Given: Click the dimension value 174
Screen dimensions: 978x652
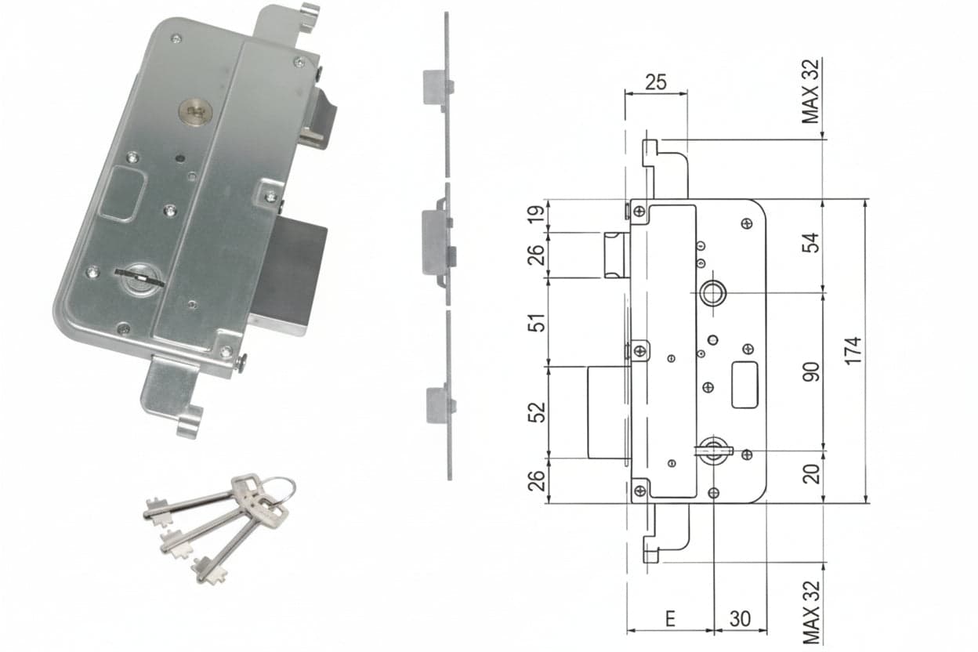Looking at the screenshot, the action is (x=853, y=350).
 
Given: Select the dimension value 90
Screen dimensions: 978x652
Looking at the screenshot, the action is (x=811, y=371).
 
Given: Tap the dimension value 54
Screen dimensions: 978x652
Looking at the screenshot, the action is (x=811, y=243).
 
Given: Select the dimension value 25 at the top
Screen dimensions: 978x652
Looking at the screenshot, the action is (x=656, y=82).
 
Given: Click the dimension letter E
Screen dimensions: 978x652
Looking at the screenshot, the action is (x=670, y=619).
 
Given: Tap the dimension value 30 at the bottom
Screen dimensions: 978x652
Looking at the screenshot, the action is (x=740, y=619).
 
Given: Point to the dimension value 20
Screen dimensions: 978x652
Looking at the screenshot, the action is (x=811, y=474).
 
